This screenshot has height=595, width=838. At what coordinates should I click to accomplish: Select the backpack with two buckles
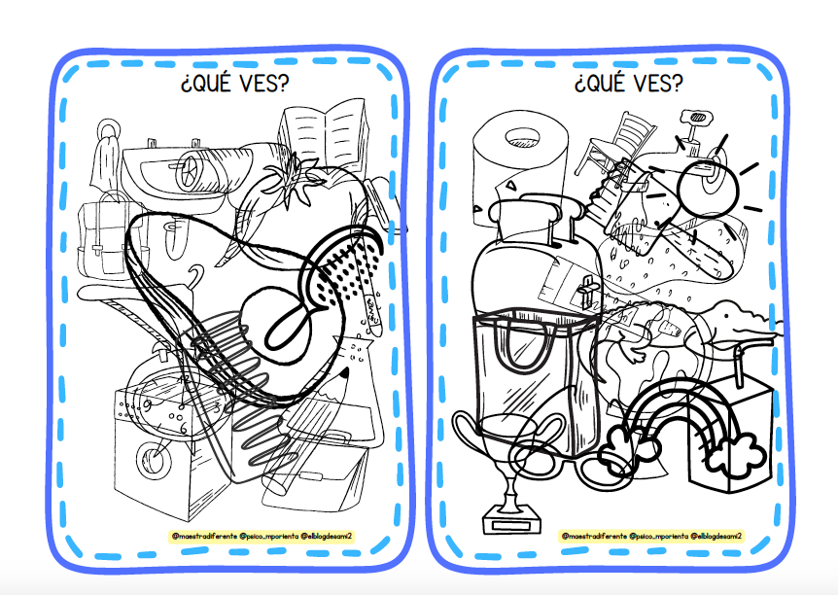click(x=107, y=235)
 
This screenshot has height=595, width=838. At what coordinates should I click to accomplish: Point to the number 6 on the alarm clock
click(x=183, y=428)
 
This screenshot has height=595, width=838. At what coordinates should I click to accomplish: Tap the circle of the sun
click(x=708, y=189)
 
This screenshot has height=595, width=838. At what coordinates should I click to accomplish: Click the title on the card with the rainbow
click(x=628, y=84)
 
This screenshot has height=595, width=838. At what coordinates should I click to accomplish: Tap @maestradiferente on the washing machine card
click(x=204, y=536)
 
